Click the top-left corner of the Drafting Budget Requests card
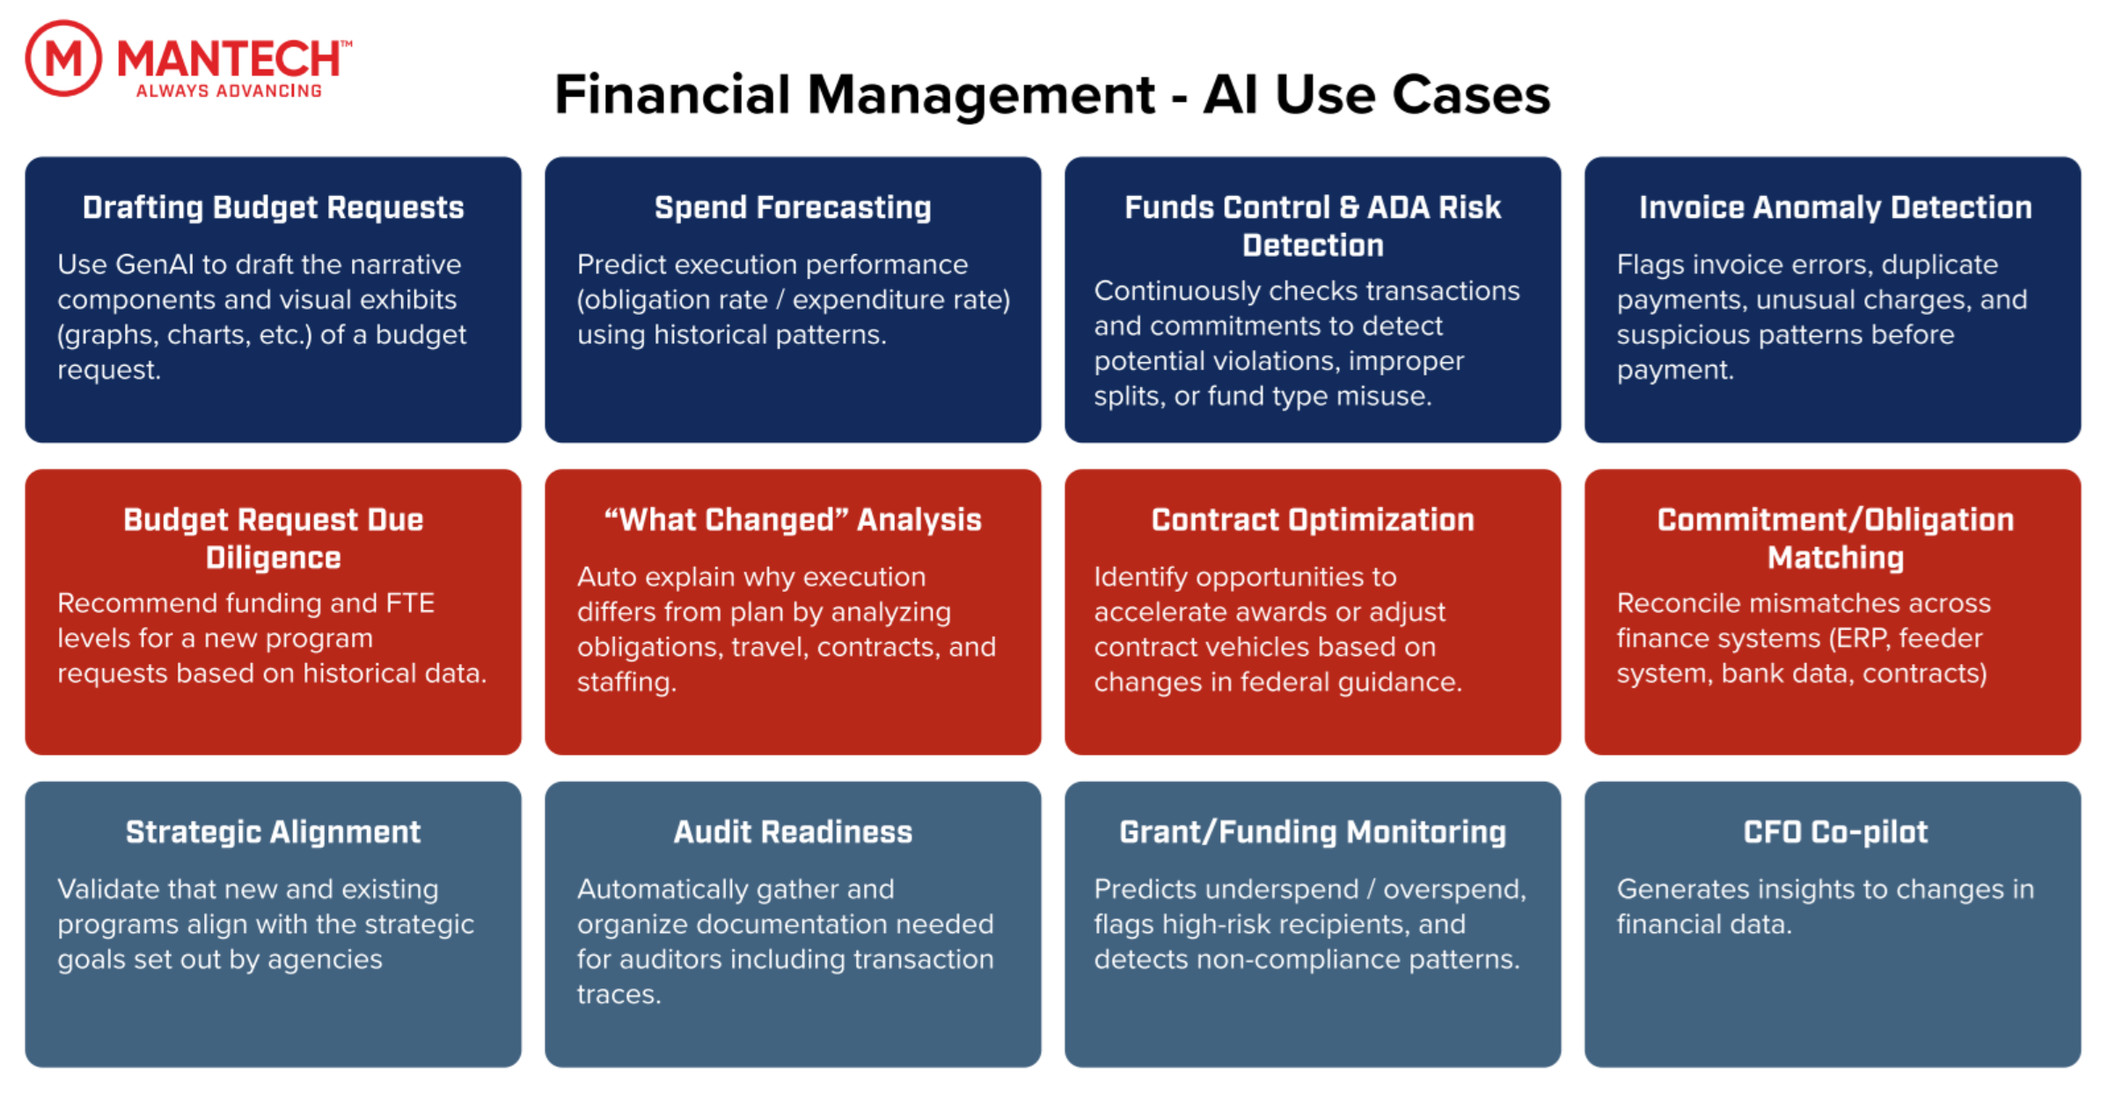pos(26,157)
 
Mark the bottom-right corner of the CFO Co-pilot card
pos(2081,1067)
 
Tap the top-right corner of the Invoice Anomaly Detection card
pos(2081,157)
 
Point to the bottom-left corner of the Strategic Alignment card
pos(26,1067)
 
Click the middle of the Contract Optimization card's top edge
pos(1313,470)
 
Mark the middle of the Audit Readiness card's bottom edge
pos(793,1067)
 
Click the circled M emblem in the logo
pos(63,58)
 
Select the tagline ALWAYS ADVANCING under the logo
pos(230,91)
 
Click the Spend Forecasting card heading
pos(793,208)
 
